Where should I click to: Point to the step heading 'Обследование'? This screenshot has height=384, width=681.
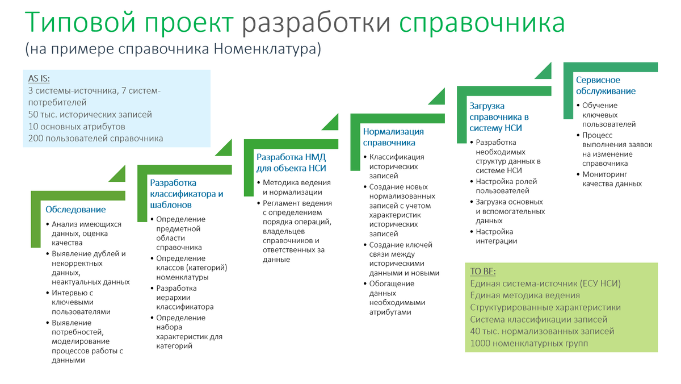pyautogui.click(x=75, y=210)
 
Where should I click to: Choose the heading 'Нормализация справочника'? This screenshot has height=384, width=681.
pyautogui.click(x=393, y=137)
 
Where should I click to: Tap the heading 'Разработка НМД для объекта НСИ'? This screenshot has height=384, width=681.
pyautogui.click(x=291, y=162)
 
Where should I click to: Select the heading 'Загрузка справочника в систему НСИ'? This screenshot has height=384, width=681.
pyautogui.click(x=495, y=117)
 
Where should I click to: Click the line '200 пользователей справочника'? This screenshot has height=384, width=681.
pyautogui.click(x=95, y=138)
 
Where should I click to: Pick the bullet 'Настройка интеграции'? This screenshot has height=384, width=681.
pyautogui.click(x=496, y=236)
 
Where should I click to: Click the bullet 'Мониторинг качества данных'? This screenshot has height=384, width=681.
pyautogui.click(x=612, y=179)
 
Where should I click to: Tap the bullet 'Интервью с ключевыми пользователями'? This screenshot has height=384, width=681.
pyautogui.click(x=81, y=302)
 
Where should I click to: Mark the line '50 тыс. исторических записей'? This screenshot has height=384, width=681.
pyautogui.click(x=90, y=114)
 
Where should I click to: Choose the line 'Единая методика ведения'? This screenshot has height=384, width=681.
pyautogui.click(x=525, y=295)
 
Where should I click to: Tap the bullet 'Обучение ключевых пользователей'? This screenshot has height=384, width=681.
pyautogui.click(x=608, y=115)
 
